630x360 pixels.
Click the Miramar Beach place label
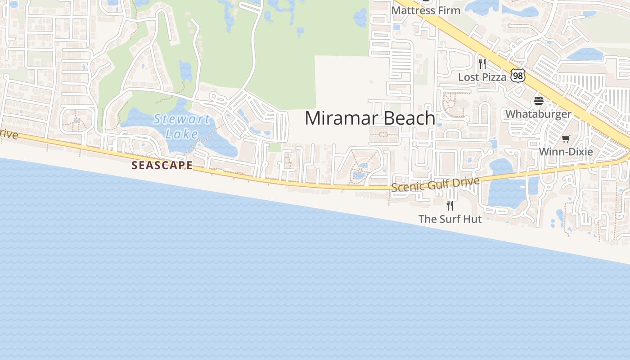370,118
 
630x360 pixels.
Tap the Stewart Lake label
181,126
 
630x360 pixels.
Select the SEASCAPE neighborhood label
162,166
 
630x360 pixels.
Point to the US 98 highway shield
518,76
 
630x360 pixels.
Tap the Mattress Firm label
426,10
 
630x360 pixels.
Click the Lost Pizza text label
482,77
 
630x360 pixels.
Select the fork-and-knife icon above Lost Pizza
482,63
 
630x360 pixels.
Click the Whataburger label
538,114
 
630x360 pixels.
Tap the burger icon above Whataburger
539,100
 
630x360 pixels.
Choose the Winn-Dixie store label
566,152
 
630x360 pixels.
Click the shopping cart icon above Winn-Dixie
566,139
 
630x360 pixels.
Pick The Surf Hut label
450,219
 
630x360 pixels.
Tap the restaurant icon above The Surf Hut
450,205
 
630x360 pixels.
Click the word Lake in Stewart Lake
182,134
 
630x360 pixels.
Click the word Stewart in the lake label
181,120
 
